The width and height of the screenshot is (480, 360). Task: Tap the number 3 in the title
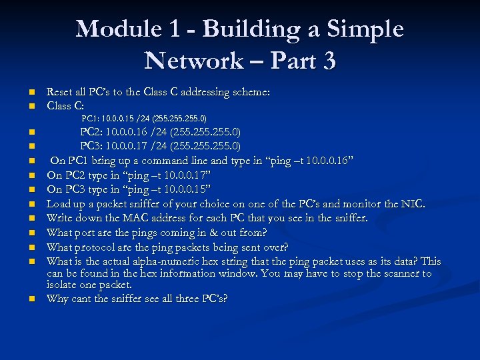pos(327,61)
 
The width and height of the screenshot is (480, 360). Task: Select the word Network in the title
pos(193,61)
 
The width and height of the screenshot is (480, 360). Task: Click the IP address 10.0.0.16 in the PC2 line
pos(131,132)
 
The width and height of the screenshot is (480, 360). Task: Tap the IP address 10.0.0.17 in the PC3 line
pos(131,146)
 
